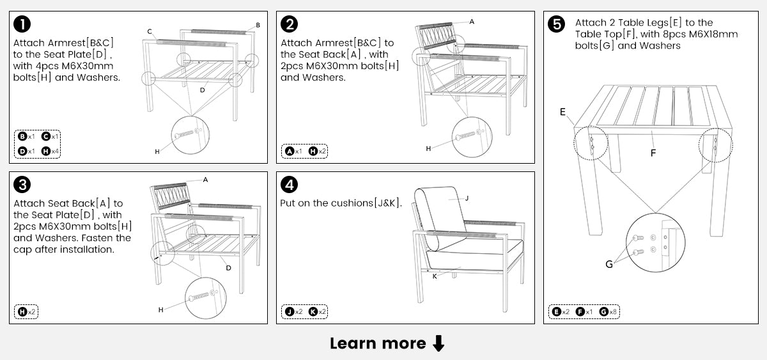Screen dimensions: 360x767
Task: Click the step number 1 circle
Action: (x=22, y=24)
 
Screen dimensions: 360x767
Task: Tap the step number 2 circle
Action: (x=290, y=24)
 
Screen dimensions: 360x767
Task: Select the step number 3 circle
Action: (x=22, y=185)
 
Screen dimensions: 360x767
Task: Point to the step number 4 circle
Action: (x=290, y=185)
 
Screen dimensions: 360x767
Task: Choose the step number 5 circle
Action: (x=557, y=24)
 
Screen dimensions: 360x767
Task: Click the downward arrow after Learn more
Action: (x=438, y=344)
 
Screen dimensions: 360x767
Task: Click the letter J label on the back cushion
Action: (x=467, y=198)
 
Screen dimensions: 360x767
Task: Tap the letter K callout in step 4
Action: (x=435, y=276)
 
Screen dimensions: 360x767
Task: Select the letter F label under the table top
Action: (x=653, y=153)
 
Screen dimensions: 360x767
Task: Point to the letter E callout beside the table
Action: (x=562, y=112)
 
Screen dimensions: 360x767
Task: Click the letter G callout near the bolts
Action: (x=608, y=263)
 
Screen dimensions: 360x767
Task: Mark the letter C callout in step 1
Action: (x=149, y=31)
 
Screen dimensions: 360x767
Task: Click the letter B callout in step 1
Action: (x=258, y=25)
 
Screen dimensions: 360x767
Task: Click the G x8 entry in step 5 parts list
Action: (x=609, y=312)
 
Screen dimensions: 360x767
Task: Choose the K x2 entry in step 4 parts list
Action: (x=318, y=312)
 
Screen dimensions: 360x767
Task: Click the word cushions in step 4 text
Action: (x=351, y=203)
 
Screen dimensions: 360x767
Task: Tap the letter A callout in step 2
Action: (x=472, y=21)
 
